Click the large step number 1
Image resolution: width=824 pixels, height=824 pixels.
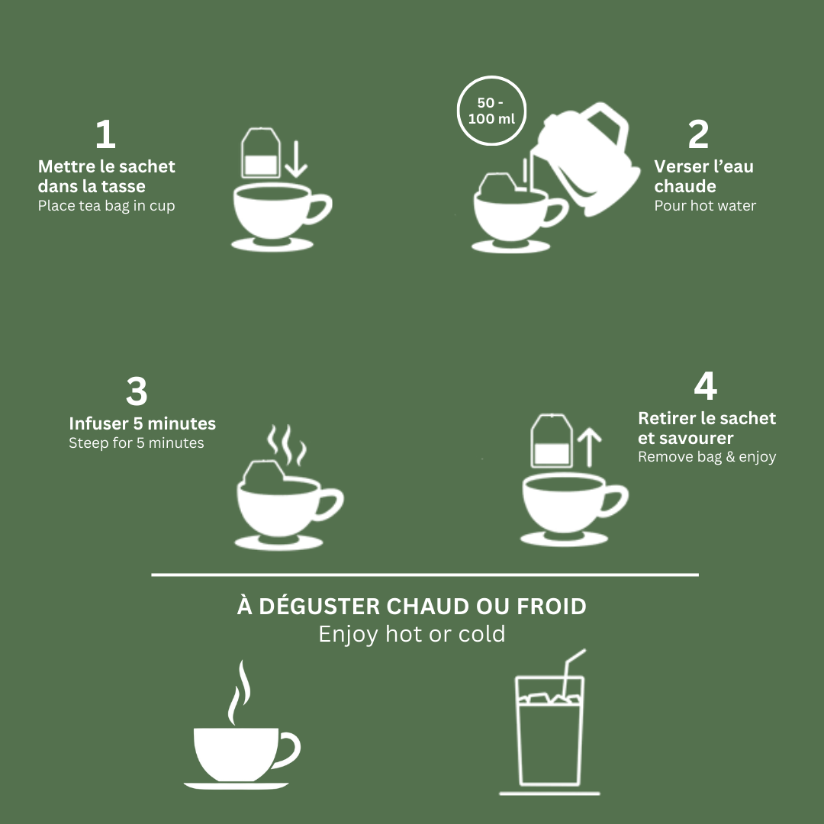coord(105,135)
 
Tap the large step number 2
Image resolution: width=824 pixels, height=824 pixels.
coord(697,135)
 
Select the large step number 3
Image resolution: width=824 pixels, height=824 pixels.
coord(137,392)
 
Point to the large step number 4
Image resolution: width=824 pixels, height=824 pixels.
coord(705,386)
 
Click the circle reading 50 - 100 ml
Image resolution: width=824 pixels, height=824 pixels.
coord(492,111)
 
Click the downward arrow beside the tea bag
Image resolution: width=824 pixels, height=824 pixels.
coord(296,158)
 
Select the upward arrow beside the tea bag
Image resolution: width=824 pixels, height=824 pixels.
coord(590,447)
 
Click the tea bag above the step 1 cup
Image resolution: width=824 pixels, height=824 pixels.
coord(259,154)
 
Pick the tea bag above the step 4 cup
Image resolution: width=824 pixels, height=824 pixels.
coord(552,443)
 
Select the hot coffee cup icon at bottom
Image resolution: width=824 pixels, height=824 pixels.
coord(240,752)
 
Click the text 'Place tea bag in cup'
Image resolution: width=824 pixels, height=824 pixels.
coord(106,206)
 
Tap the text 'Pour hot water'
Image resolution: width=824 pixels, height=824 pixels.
coord(705,206)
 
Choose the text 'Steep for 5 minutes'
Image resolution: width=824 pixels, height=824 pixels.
coord(137,443)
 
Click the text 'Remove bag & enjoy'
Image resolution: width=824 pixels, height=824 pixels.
coord(707,457)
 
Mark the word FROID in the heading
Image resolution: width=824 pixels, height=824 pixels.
coord(552,607)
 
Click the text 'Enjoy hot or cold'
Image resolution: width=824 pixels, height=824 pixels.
coord(412,634)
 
